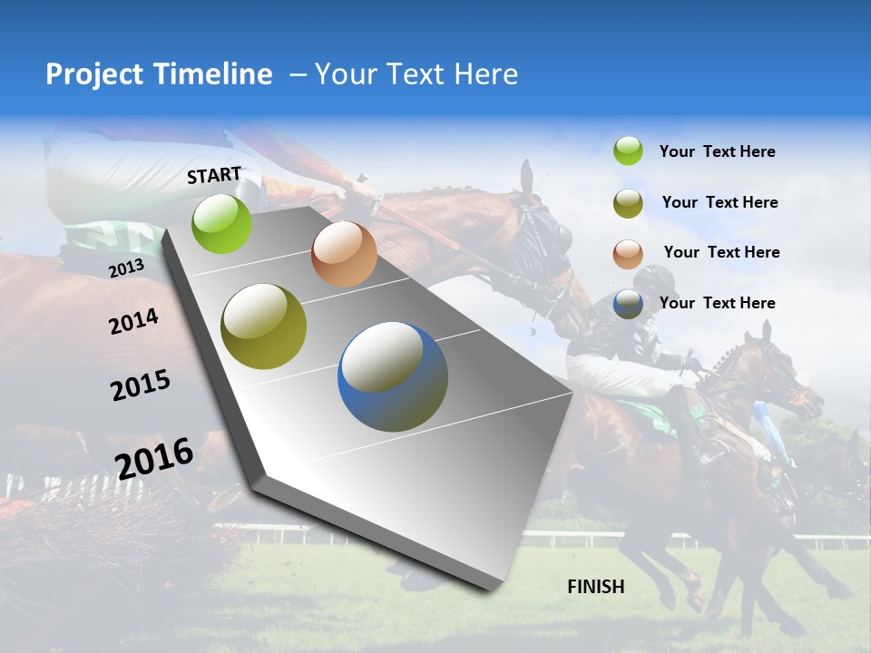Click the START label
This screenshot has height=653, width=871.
click(x=214, y=175)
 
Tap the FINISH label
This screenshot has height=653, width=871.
click(x=596, y=587)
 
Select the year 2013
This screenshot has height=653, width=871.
click(x=126, y=268)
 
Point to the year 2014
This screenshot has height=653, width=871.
click(x=133, y=321)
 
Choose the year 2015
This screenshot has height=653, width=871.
click(x=141, y=385)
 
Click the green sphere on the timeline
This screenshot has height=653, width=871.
click(x=222, y=223)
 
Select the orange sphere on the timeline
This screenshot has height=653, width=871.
click(x=344, y=254)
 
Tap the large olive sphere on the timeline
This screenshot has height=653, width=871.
click(x=264, y=326)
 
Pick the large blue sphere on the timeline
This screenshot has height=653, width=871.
click(x=393, y=376)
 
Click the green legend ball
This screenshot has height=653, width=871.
click(x=628, y=151)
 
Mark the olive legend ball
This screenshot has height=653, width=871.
click(x=628, y=203)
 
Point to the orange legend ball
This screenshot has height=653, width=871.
click(x=628, y=254)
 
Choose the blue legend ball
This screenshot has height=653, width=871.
click(x=628, y=304)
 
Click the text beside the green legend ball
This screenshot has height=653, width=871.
click(x=718, y=152)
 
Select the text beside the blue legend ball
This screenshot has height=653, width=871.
click(x=718, y=303)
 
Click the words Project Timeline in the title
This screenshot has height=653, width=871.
click(x=159, y=74)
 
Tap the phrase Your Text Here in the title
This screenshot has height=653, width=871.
click(x=416, y=74)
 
